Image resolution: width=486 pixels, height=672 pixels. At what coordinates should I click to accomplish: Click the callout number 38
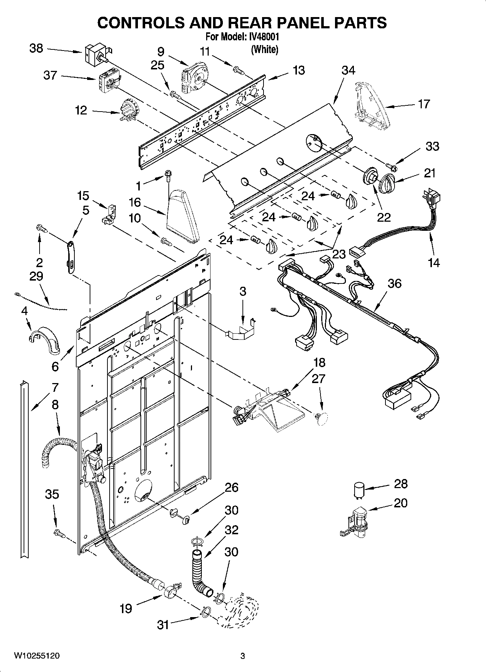tap(36, 48)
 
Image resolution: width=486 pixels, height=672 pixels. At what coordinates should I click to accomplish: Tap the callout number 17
tap(424, 104)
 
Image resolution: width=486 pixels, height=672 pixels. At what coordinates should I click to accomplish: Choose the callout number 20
tap(400, 503)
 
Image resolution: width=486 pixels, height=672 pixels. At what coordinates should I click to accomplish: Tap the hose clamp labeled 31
tap(205, 613)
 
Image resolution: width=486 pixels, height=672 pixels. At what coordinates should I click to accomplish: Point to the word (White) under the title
tap(265, 49)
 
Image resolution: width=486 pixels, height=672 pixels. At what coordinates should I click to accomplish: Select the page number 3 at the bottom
tap(242, 656)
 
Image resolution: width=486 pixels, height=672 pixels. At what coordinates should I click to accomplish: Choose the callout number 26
tap(232, 487)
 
